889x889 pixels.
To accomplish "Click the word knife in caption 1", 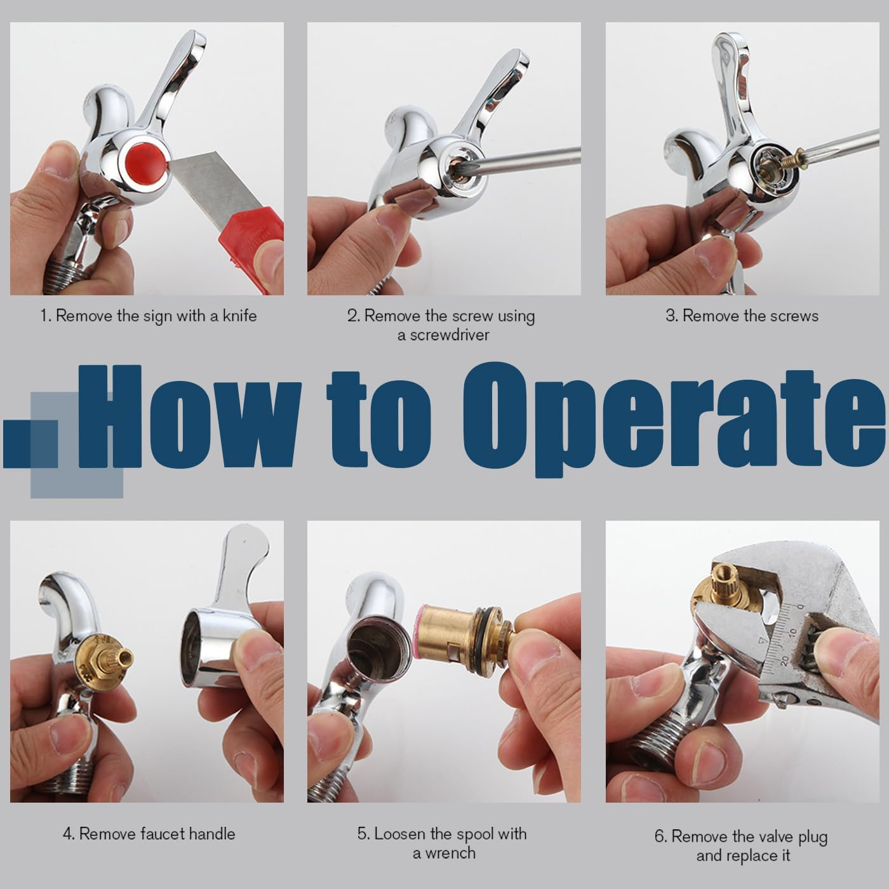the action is pos(239,316).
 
